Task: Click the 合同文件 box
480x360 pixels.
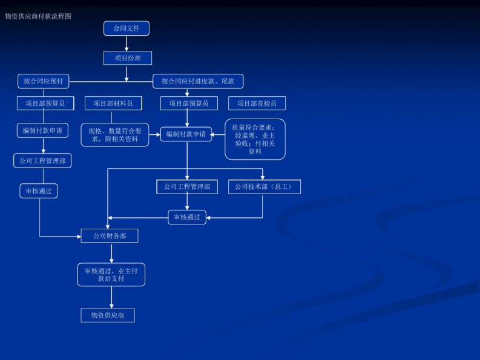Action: click(127, 28)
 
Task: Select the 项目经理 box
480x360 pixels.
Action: click(127, 57)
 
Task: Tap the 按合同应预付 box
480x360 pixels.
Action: click(44, 80)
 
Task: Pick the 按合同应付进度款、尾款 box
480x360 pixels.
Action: click(198, 81)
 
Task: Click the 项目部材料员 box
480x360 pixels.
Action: click(113, 103)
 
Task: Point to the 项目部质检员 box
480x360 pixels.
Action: click(257, 103)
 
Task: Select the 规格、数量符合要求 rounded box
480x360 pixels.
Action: click(114, 134)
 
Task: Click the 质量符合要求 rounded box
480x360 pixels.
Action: click(255, 139)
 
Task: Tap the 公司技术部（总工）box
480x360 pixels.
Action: click(264, 187)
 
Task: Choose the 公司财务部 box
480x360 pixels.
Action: click(110, 235)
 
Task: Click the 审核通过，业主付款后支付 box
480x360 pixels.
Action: click(111, 275)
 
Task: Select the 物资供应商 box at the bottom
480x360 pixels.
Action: click(108, 315)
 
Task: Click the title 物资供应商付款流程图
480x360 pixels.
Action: click(38, 16)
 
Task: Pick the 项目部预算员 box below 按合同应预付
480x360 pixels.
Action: click(45, 103)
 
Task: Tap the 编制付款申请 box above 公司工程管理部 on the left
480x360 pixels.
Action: click(42, 130)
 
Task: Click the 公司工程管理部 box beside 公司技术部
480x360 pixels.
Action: click(187, 187)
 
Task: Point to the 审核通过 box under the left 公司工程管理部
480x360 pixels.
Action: click(39, 191)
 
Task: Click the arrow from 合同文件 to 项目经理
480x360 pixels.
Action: click(127, 43)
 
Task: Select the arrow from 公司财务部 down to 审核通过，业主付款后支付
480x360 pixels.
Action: click(111, 253)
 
